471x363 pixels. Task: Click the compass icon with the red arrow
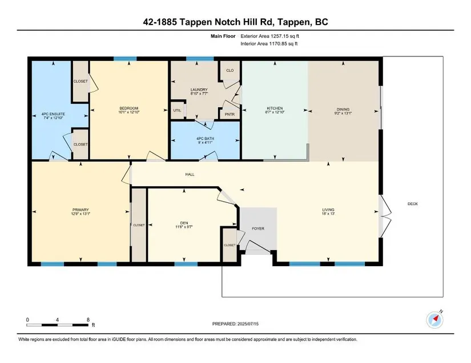(x=434, y=320)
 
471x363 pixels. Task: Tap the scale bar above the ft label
(x=57, y=325)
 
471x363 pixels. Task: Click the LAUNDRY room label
(x=199, y=89)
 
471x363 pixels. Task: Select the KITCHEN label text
(x=275, y=108)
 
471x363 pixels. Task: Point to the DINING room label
(x=343, y=109)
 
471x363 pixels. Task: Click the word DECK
(x=413, y=204)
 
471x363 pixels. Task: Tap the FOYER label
(x=258, y=229)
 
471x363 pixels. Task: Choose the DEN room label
(x=184, y=223)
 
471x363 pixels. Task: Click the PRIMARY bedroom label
(x=80, y=210)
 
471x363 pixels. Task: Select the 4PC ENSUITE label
(x=53, y=114)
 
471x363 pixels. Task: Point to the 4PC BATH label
(x=205, y=138)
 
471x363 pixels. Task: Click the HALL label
(x=190, y=174)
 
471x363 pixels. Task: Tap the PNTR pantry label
(x=230, y=114)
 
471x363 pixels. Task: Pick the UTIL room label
(x=177, y=111)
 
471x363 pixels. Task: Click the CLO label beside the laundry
(x=230, y=71)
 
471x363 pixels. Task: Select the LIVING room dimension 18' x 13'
(x=328, y=214)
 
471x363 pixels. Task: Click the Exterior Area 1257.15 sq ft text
(x=269, y=36)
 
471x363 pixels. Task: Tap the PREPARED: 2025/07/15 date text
(x=235, y=324)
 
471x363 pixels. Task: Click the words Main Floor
(x=223, y=36)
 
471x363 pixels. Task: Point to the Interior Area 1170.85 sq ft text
(x=269, y=43)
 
